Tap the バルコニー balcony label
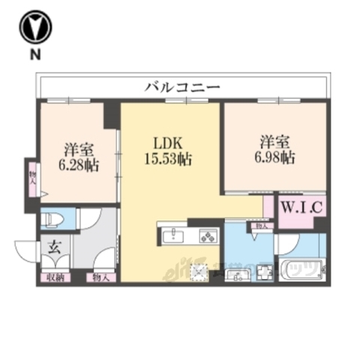click(x=182, y=88)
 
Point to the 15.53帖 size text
click(x=169, y=158)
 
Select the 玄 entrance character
click(x=55, y=245)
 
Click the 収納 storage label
click(x=52, y=277)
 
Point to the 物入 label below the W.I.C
click(x=260, y=225)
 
